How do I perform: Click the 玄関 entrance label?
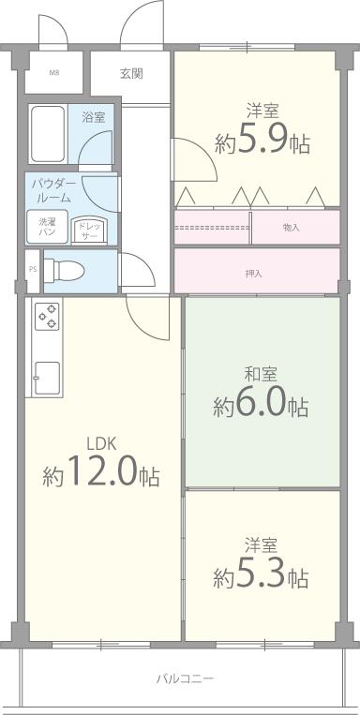131,73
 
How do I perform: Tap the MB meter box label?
54,72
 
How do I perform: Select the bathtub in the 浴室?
48,133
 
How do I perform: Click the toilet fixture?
64,270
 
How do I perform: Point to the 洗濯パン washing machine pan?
47,226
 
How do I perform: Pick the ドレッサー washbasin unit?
89,230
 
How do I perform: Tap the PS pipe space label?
33,269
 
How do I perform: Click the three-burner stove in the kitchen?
48,315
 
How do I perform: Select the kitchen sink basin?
48,378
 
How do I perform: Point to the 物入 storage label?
291,227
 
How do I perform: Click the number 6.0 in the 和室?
262,403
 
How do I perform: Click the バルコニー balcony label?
185,679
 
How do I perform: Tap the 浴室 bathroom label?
94,117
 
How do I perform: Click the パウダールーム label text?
52,191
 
